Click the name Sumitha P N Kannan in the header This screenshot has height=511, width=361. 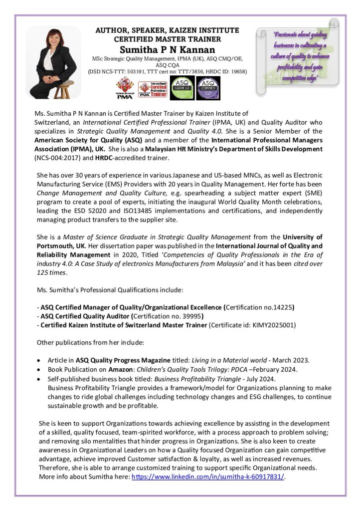pos(167,50)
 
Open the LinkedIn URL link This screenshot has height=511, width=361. pos(207,477)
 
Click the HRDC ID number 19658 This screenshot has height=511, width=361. pos(237,71)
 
